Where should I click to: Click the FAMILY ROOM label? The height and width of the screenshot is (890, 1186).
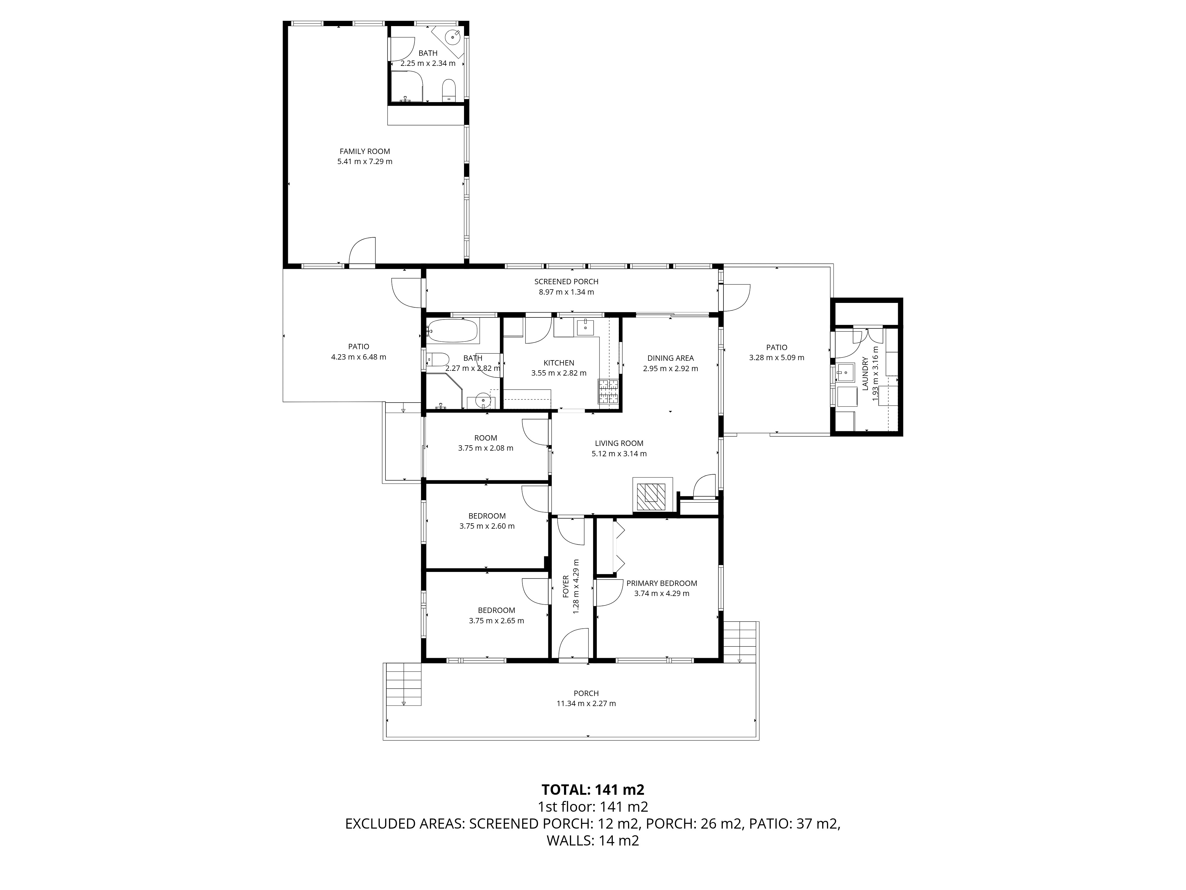(365, 151)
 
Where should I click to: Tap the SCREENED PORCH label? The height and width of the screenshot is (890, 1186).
(566, 282)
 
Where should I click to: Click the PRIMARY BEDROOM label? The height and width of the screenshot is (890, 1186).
(661, 583)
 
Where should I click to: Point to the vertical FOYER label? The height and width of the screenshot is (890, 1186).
(565, 586)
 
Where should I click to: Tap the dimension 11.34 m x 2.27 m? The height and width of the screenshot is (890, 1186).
(586, 703)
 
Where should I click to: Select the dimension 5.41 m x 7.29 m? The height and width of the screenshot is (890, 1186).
(365, 161)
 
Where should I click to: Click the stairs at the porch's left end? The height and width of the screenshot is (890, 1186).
(404, 684)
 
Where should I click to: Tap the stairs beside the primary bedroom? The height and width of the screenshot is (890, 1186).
(739, 642)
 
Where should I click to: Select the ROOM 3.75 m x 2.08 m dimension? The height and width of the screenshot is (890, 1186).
(486, 448)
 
